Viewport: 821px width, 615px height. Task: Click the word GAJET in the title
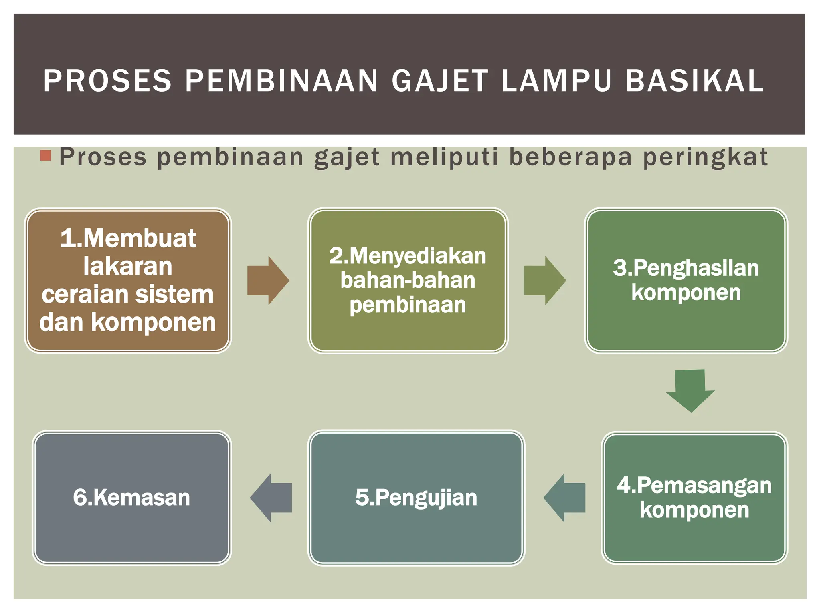point(440,81)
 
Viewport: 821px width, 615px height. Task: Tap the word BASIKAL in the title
point(695,81)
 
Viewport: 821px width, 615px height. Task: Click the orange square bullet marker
point(46,155)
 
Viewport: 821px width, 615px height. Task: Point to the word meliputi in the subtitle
point(445,157)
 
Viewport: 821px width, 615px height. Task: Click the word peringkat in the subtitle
point(706,157)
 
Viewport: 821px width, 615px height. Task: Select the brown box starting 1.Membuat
point(128,280)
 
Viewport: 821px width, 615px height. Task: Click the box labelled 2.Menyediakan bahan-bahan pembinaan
point(408,280)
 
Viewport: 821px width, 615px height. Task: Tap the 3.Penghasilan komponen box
point(686,280)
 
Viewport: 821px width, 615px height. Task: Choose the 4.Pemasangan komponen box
point(694,498)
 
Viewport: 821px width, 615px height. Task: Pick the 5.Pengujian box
point(416,498)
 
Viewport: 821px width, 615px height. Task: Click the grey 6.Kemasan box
point(131,498)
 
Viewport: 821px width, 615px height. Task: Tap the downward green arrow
point(690,390)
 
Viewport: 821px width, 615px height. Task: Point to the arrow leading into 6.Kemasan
point(271,498)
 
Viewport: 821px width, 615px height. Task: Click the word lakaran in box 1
point(128,266)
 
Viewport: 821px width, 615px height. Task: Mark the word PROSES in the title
point(107,81)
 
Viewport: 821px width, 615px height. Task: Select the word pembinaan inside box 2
point(408,305)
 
